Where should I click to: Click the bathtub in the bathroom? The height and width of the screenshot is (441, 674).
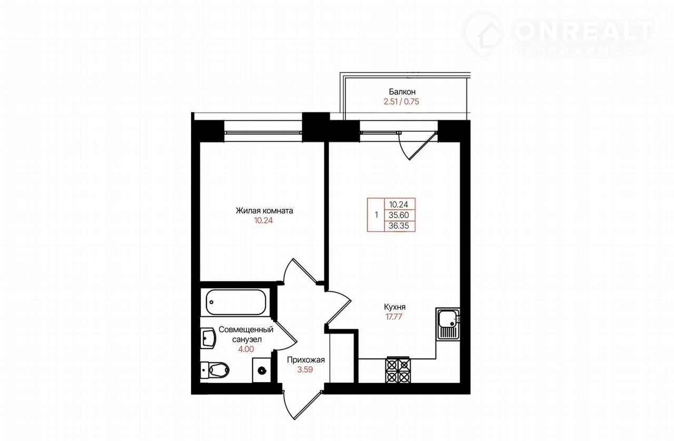(235, 302)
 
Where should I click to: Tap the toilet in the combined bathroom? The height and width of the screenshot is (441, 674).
(215, 369)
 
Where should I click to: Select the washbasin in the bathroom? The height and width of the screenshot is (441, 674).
(208, 338)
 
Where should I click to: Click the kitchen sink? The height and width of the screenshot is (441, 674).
(448, 324)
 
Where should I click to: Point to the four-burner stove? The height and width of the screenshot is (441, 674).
(398, 370)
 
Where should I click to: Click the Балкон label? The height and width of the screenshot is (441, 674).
(402, 92)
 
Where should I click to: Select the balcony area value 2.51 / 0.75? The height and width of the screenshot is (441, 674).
(401, 102)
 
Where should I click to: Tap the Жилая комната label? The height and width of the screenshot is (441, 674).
(264, 211)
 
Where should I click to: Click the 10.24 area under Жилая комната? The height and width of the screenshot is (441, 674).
(263, 220)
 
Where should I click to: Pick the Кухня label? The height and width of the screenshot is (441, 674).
(394, 307)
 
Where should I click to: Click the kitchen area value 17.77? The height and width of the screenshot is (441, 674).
(394, 317)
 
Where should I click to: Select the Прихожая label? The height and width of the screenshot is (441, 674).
(306, 360)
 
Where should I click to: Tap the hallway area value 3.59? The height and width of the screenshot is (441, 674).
(305, 370)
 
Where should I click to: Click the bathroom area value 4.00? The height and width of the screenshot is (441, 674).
(246, 349)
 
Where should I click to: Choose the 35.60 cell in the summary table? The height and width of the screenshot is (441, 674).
(399, 215)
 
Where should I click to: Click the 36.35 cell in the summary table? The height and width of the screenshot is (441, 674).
(399, 226)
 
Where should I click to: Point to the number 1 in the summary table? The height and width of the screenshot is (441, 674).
(376, 215)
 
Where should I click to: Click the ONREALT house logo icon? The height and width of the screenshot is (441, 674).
(483, 35)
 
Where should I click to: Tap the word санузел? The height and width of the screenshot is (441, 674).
(247, 339)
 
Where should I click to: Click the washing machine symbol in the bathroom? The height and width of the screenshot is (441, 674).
(262, 370)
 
